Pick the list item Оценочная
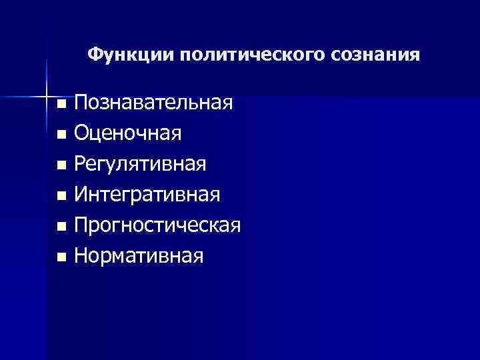point(128,133)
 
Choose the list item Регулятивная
point(140,164)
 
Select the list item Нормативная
point(139,255)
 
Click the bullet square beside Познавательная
point(61,104)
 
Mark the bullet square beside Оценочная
point(61,135)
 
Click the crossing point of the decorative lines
point(47,97)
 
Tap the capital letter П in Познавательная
point(82,103)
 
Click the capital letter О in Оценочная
point(83,133)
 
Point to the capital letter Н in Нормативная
point(82,255)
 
